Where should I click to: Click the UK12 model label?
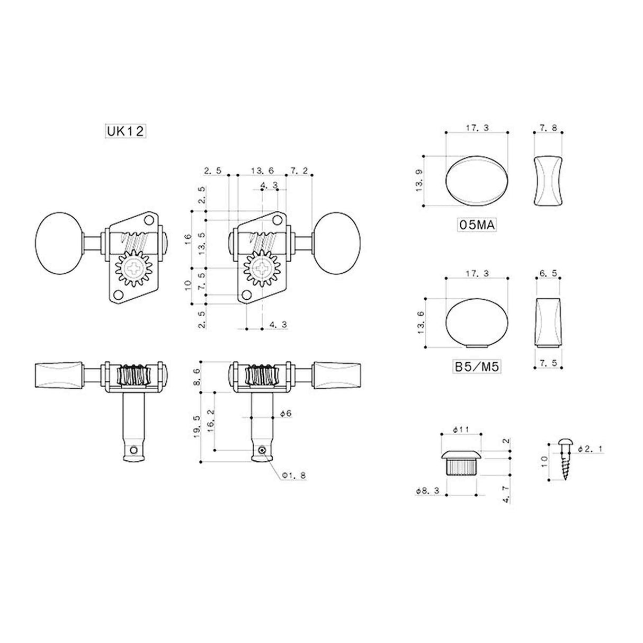tap(124, 132)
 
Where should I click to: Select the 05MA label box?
tap(476, 226)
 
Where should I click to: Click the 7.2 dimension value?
tap(299, 171)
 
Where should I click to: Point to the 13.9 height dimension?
tap(419, 181)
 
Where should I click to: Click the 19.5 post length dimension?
tap(197, 425)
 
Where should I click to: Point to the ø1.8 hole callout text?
tap(294, 476)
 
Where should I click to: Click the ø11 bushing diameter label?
tap(460, 430)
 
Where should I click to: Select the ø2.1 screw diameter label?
tap(590, 449)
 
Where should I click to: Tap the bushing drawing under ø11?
tap(461, 462)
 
